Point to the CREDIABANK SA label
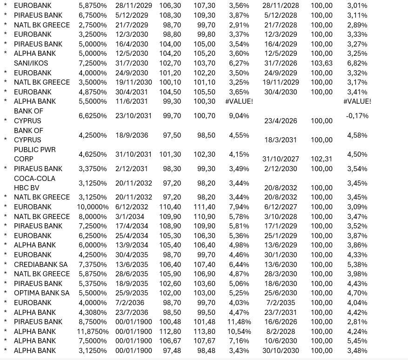pyautogui.click(x=40, y=265)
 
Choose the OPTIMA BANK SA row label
pyautogui.click(x=41, y=293)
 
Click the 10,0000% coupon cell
pyautogui.click(x=93, y=207)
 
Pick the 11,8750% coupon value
pyautogui.click(x=93, y=332)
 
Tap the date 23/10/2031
pyautogui.click(x=132, y=116)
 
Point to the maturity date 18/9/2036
pyautogui.click(x=132, y=135)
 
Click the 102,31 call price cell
pyautogui.click(x=321, y=159)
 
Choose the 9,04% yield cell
pyautogui.click(x=239, y=116)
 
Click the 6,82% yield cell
pyautogui.click(x=357, y=63)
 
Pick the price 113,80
pyautogui.click(x=204, y=332)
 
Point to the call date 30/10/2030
pyautogui.click(x=281, y=351)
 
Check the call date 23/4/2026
pyautogui.click(x=281, y=121)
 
